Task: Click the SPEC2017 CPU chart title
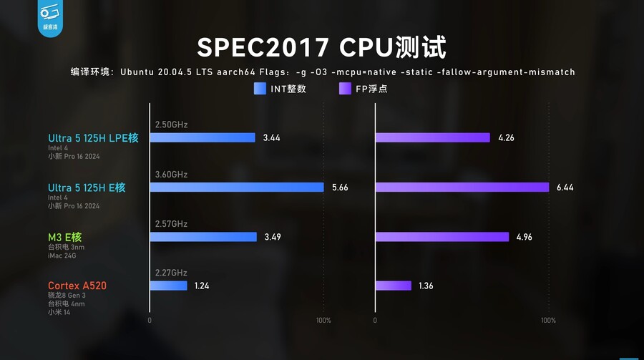pyautogui.click(x=321, y=48)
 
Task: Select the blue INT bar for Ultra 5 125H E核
pyautogui.click(x=237, y=188)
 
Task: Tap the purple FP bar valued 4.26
pyautogui.click(x=432, y=137)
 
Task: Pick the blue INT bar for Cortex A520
pyautogui.click(x=168, y=286)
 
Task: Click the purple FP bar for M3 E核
pyautogui.click(x=441, y=237)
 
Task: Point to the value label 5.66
pyautogui.click(x=340, y=188)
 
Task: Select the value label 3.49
pyautogui.click(x=273, y=237)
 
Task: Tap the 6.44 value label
pyautogui.click(x=565, y=188)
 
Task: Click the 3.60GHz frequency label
pyautogui.click(x=171, y=175)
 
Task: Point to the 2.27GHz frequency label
pyautogui.click(x=171, y=273)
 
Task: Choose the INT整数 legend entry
pyautogui.click(x=280, y=89)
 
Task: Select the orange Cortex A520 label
pyautogui.click(x=77, y=286)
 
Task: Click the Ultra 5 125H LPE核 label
pyautogui.click(x=93, y=138)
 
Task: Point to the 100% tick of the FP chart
pyautogui.click(x=548, y=321)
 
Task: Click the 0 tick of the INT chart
pyautogui.click(x=150, y=321)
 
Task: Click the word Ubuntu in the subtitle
pyautogui.click(x=137, y=72)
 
